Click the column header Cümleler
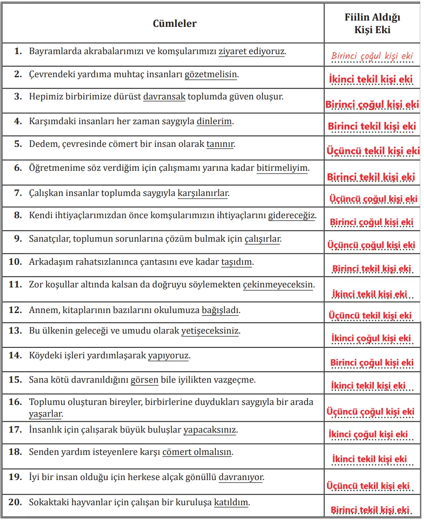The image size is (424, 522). coord(174,23)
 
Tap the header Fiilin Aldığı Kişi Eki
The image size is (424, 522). coord(372,23)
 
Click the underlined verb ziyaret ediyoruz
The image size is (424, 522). coord(251,52)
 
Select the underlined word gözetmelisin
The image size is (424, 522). coord(211,75)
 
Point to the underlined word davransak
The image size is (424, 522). coord(164,97)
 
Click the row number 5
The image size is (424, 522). coord(18,144)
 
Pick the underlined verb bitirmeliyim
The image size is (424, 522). coord(282,168)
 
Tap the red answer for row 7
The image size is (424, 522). coord(373,198)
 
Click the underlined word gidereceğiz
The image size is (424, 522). coord(292,216)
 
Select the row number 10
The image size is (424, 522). coord(15,262)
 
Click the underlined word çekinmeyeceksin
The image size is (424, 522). coord(278,284)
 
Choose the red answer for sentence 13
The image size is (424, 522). coord(371,338)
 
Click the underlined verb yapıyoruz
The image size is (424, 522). coord(168,356)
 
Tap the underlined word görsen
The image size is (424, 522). coord(145,380)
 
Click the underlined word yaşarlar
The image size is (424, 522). coord(45,414)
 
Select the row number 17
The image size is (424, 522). coord(15,430)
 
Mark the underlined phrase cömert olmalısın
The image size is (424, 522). coord(197,452)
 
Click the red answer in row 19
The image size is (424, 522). coord(368,486)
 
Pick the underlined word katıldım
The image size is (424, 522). coord(231,502)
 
